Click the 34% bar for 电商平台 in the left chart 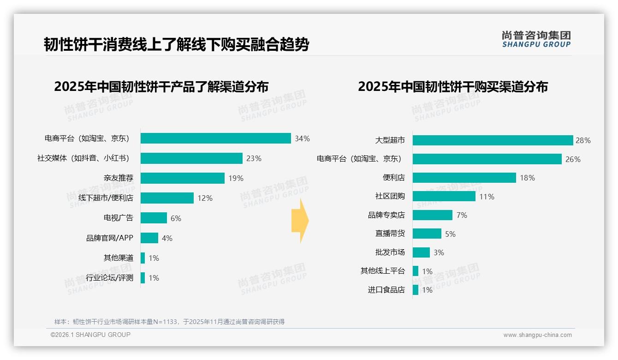click(x=215, y=138)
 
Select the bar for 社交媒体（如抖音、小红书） click(x=191, y=158)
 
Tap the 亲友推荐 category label click(x=118, y=178)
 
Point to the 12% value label click(x=205, y=198)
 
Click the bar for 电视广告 click(x=154, y=218)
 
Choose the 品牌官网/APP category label click(x=110, y=238)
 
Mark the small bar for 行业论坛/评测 click(x=143, y=278)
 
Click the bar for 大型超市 click(x=493, y=140)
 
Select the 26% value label click(x=573, y=159)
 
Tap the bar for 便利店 click(x=464, y=178)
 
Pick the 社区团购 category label click(x=390, y=196)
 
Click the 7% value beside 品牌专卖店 click(x=462, y=215)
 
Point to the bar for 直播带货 click(x=427, y=234)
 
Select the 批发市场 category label click(x=390, y=252)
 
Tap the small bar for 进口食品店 click(x=416, y=290)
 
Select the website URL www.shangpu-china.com click(x=537, y=335)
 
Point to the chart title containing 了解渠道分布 click(x=161, y=87)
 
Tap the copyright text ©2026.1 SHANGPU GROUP click(x=90, y=335)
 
